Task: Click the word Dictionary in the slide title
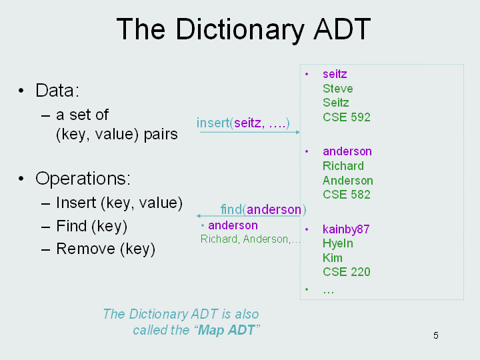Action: pos(240,30)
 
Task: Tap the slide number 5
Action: pos(436,335)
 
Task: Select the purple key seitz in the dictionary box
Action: pos(335,74)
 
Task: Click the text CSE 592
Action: pos(347,117)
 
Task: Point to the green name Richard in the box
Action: pos(343,166)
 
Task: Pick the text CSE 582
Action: pos(347,195)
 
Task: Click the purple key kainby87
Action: pos(346,229)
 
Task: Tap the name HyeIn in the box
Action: pos(337,243)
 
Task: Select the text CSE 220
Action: pos(347,272)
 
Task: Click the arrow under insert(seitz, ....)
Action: pos(250,132)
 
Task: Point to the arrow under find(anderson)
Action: pos(248,216)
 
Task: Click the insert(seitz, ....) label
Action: pos(243,123)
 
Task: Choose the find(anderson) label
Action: pos(263,210)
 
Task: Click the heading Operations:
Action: pos(83,178)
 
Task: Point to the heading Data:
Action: pos(57,90)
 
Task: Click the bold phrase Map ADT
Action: pos(226,330)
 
